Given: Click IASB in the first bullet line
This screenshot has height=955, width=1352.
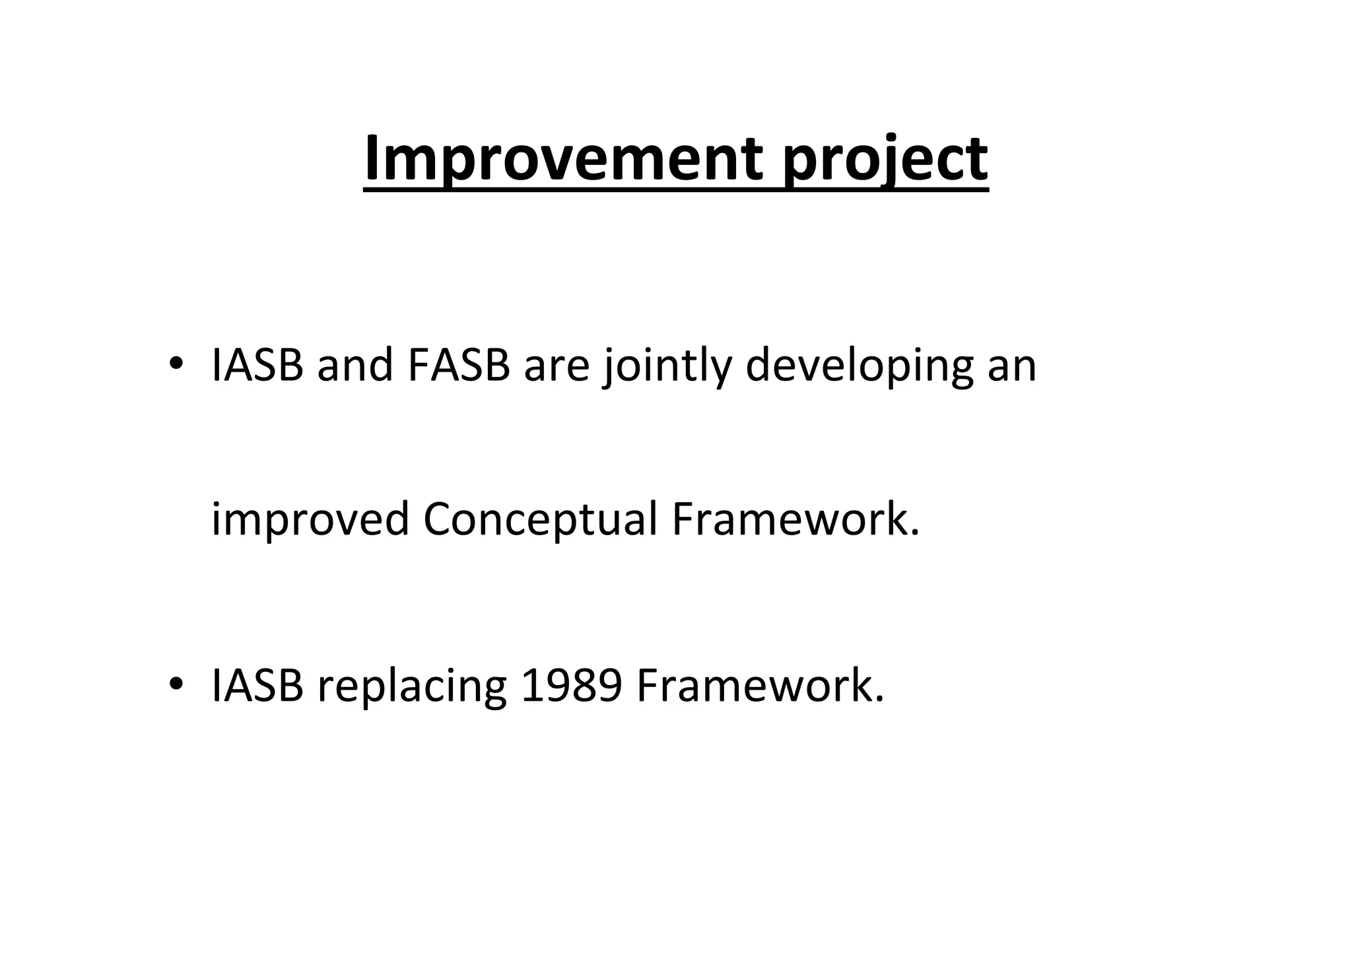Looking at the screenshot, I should click(257, 365).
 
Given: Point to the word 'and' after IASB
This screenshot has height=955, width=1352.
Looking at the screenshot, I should click(355, 365).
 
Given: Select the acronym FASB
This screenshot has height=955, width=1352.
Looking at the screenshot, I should click(459, 365).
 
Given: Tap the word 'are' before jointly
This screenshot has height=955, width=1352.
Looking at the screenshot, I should click(557, 365).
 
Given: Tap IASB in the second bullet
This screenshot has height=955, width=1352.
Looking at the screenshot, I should click(257, 686).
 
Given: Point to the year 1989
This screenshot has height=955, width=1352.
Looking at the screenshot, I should click(571, 686).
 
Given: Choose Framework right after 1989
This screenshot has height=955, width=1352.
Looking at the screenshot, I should click(753, 686).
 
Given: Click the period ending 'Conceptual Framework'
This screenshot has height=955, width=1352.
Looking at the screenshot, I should click(914, 533).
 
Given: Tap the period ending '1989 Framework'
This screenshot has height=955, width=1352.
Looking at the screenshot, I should click(879, 700).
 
